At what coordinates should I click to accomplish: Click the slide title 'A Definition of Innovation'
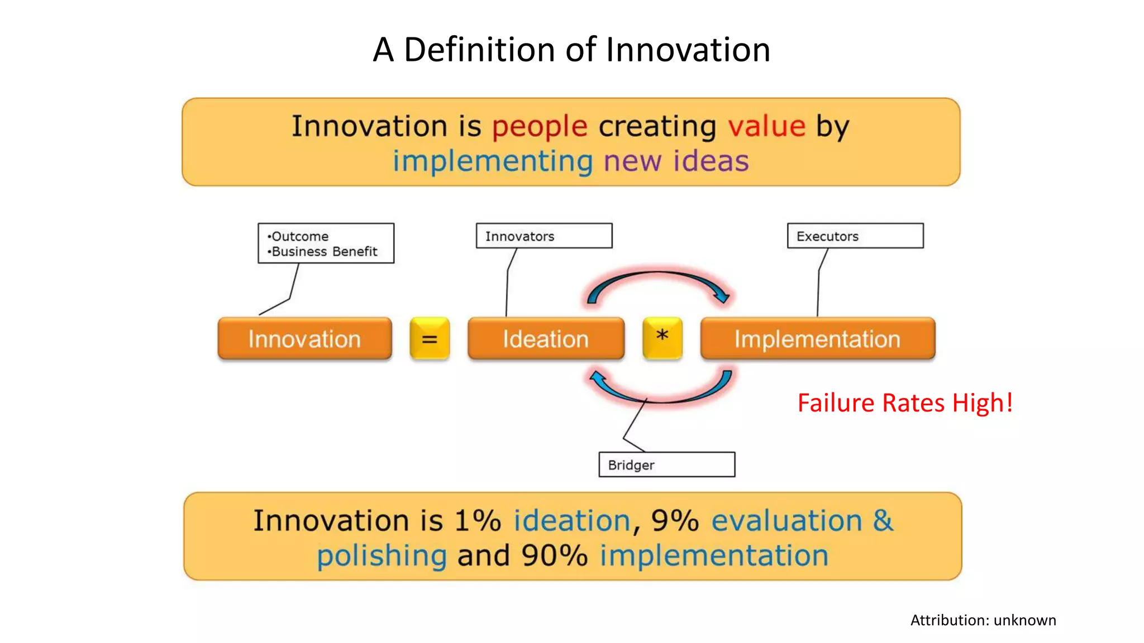click(571, 50)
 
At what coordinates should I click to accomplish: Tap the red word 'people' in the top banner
click(540, 126)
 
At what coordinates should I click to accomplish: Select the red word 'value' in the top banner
click(766, 126)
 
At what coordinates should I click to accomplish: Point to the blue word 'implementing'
click(492, 161)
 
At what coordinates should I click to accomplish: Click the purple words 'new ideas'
click(676, 161)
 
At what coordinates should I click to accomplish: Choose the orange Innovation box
click(304, 339)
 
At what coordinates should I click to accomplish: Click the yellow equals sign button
click(430, 338)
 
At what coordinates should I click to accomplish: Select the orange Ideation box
click(546, 339)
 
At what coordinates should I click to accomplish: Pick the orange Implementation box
click(817, 339)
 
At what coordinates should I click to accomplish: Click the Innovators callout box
click(544, 236)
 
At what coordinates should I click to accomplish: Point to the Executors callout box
click(855, 236)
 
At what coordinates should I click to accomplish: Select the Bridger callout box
click(666, 464)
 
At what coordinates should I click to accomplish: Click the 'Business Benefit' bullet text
click(324, 252)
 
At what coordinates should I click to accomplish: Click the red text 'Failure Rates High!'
click(905, 403)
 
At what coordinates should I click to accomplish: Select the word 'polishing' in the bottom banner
click(382, 556)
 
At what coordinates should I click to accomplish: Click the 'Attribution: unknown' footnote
click(983, 620)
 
